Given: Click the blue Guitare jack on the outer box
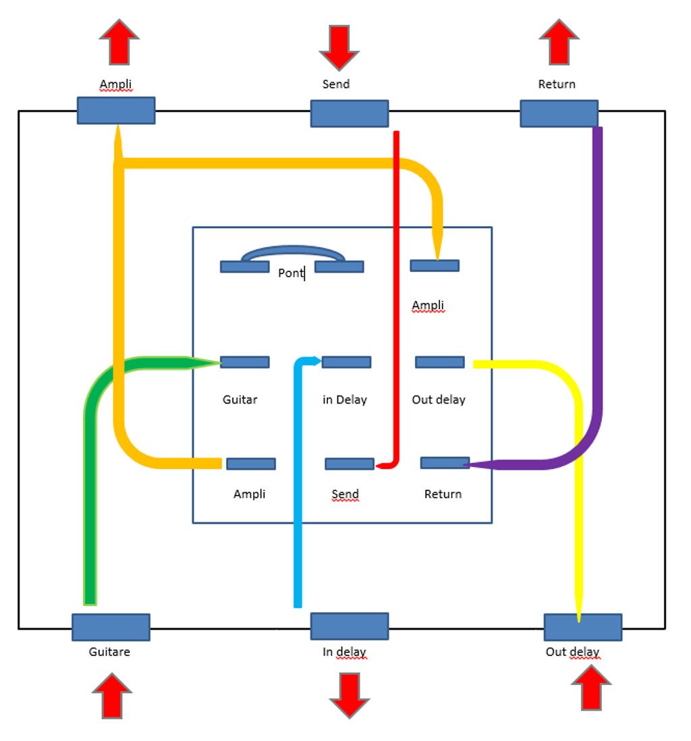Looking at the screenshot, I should (x=111, y=627).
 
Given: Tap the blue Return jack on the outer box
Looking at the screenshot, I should (x=559, y=113).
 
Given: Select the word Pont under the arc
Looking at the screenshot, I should (x=291, y=273).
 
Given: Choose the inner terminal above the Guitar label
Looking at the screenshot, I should (x=244, y=362).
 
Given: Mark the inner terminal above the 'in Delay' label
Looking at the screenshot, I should (x=346, y=362).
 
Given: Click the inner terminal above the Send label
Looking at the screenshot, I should (x=349, y=464).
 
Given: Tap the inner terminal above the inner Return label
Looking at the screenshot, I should (x=445, y=463).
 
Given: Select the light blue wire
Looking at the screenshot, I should (x=298, y=506).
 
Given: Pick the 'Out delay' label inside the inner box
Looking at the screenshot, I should (x=439, y=400).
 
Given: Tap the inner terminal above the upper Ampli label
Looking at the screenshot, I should (x=435, y=266).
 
